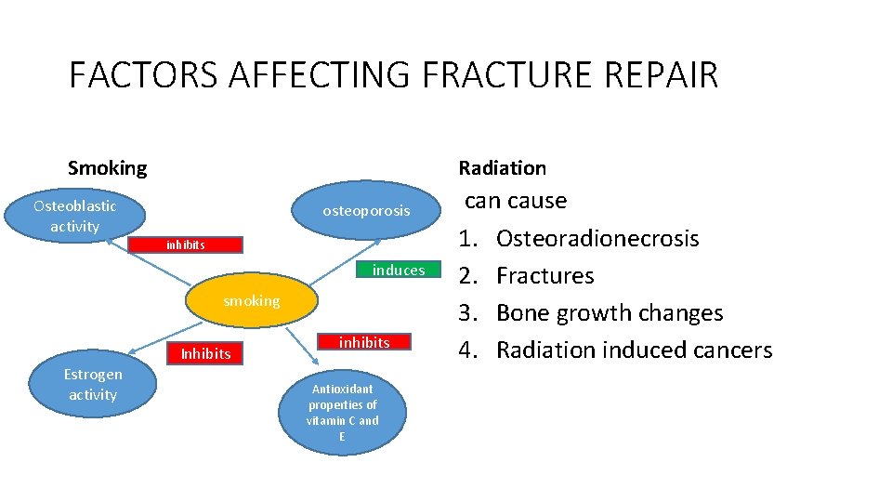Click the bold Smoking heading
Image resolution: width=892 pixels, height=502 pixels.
(x=107, y=168)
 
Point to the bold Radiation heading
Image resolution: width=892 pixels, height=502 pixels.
(x=502, y=168)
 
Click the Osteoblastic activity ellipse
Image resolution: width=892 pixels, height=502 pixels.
(x=75, y=216)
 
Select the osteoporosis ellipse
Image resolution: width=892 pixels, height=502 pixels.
(x=366, y=211)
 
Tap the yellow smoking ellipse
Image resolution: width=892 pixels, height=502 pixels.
(x=251, y=301)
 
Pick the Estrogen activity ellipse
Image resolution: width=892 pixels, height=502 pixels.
(x=92, y=385)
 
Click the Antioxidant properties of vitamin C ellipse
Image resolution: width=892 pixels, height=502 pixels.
(x=343, y=413)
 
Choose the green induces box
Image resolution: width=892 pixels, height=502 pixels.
(x=399, y=271)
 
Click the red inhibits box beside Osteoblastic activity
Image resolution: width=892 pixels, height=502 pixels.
(x=186, y=245)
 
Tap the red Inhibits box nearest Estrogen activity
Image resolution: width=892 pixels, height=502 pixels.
(x=205, y=353)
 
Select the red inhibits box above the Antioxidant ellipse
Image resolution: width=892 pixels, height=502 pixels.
(x=364, y=343)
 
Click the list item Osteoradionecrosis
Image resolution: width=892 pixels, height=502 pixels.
(x=597, y=239)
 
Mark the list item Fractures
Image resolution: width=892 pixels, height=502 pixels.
(x=544, y=276)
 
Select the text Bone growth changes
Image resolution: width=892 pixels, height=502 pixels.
(x=609, y=313)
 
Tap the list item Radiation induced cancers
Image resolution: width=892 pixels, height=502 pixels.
(x=634, y=350)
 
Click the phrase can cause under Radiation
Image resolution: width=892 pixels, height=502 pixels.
(x=515, y=201)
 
